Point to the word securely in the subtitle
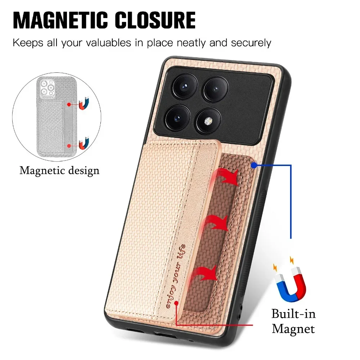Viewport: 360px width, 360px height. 251,43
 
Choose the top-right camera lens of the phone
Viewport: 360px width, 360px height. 215,89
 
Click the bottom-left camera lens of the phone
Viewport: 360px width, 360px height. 177,118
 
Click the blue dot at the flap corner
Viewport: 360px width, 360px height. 254,165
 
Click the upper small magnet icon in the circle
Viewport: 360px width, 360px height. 84,104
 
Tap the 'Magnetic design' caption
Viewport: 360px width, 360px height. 59,171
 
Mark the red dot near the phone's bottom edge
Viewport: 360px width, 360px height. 176,303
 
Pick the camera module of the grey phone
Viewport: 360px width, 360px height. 47,87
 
